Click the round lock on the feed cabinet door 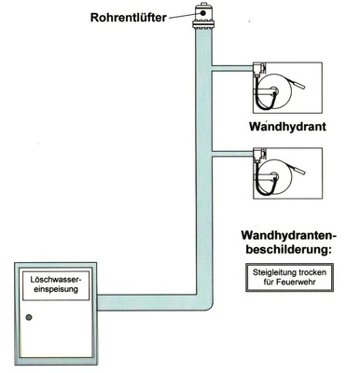click(29, 319)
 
